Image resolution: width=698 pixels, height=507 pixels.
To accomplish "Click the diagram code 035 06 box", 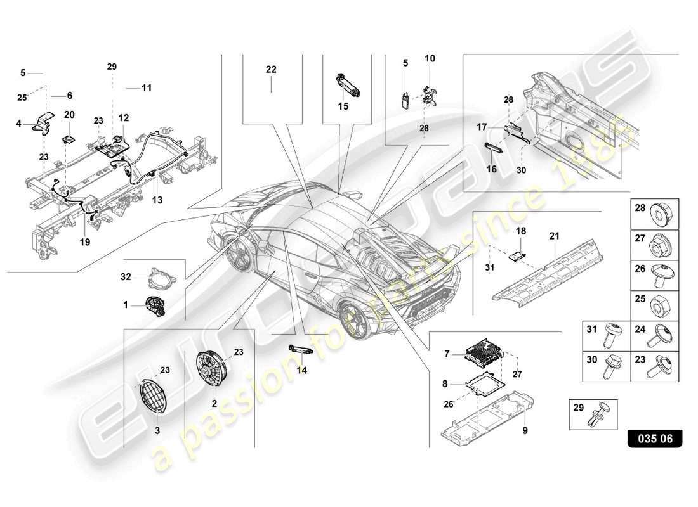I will click(655, 438).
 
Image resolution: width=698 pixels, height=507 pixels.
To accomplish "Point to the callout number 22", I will click(271, 70).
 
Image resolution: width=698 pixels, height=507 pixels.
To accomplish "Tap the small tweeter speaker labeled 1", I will click(154, 305).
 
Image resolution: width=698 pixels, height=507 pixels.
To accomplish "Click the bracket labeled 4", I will click(44, 124).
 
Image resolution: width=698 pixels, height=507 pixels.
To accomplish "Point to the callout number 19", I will click(85, 241).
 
